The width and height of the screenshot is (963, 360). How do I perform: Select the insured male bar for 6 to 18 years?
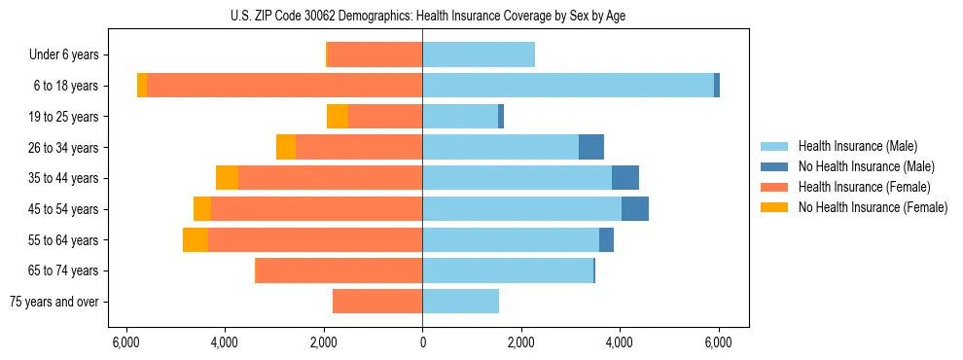568,86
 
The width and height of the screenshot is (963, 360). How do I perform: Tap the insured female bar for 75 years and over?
377,302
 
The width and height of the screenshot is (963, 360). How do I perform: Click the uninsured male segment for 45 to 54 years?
635,209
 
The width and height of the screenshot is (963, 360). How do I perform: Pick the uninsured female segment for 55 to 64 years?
196,240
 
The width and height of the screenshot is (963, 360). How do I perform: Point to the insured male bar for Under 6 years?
479,55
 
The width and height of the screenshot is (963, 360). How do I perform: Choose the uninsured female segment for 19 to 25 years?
338,117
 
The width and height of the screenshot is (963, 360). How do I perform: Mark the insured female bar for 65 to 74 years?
339,270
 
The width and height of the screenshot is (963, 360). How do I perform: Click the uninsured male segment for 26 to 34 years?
591,148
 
